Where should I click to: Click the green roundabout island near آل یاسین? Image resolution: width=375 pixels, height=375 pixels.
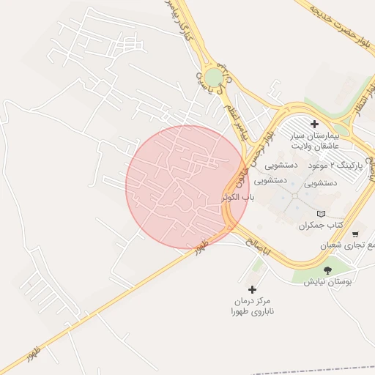212,78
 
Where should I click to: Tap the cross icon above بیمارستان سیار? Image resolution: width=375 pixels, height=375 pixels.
315,124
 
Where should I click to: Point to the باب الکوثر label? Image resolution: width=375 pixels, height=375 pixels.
240,198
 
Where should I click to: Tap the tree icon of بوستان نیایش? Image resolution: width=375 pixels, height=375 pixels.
327,270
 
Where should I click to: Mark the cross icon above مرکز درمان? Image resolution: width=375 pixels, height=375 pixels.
252,290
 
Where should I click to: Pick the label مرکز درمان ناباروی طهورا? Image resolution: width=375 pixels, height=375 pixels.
252,307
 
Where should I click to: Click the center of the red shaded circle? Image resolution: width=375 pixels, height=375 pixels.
187,187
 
